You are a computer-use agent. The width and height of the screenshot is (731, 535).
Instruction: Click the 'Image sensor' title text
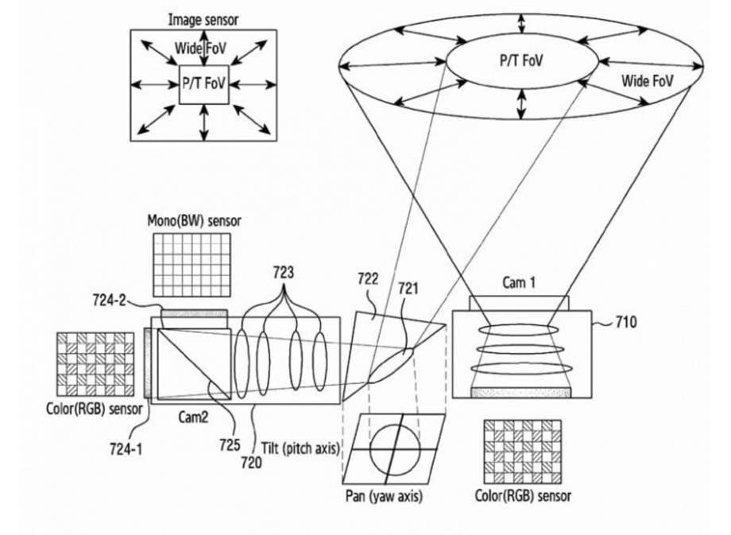(203, 17)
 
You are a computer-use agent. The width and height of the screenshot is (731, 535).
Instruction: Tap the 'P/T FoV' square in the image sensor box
(204, 83)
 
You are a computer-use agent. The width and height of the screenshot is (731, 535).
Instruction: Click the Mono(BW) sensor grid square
(195, 267)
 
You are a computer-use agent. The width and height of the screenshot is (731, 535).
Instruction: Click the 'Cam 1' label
(519, 282)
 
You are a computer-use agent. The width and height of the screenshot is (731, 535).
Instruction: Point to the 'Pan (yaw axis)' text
(385, 497)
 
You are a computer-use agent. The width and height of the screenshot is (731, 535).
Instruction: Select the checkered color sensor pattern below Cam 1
(521, 452)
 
